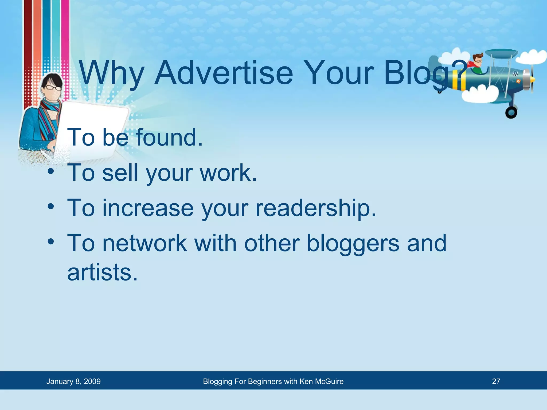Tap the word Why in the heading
click(x=112, y=73)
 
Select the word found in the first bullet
click(x=170, y=137)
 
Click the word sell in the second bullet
click(x=120, y=173)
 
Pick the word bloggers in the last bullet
click(x=353, y=243)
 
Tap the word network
click(x=144, y=243)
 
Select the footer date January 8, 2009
click(x=73, y=381)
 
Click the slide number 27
click(x=496, y=381)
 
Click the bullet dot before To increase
click(x=51, y=206)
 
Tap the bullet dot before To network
click(x=51, y=242)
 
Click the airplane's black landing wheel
click(x=511, y=112)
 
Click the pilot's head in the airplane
click(x=478, y=60)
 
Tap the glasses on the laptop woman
click(x=53, y=88)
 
